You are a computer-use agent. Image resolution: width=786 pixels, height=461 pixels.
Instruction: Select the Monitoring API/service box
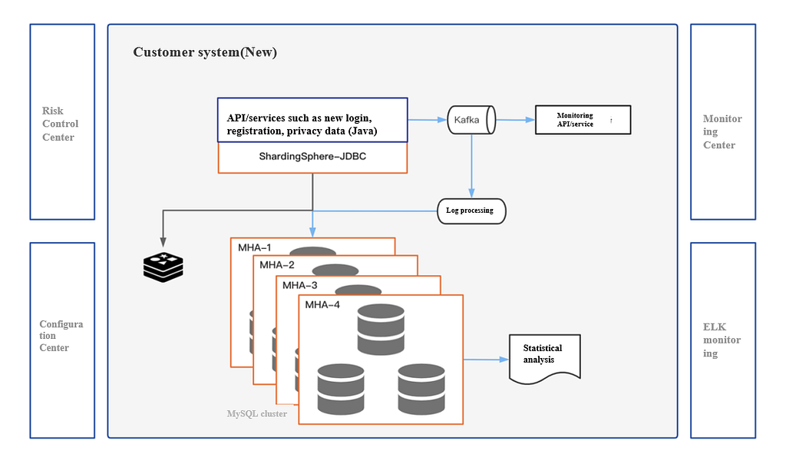pyautogui.click(x=583, y=120)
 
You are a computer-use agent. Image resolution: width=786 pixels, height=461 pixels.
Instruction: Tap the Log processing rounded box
pyautogui.click(x=471, y=211)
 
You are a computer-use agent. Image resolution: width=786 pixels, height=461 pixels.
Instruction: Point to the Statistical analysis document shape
pyautogui.click(x=545, y=357)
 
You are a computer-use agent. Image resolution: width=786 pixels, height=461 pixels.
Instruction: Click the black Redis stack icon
pyautogui.click(x=163, y=265)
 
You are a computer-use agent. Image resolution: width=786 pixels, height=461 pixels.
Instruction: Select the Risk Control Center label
pyautogui.click(x=61, y=124)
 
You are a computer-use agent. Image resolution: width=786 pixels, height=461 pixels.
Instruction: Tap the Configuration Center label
pyautogui.click(x=61, y=336)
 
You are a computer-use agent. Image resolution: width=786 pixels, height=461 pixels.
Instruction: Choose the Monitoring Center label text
pyautogui.click(x=722, y=131)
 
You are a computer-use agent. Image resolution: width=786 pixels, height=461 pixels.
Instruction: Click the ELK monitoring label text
pyautogui.click(x=722, y=340)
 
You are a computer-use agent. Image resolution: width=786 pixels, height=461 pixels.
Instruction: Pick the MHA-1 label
pyautogui.click(x=254, y=248)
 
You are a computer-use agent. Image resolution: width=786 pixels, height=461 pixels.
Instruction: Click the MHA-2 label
pyautogui.click(x=276, y=265)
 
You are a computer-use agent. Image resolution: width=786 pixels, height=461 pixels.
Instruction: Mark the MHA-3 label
pyautogui.click(x=299, y=285)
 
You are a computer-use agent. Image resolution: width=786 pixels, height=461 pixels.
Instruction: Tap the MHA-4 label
pyautogui.click(x=322, y=304)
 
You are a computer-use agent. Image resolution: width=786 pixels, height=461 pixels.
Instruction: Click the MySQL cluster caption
pyautogui.click(x=257, y=413)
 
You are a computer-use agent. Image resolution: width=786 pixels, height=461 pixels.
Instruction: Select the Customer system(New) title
pyautogui.click(x=205, y=52)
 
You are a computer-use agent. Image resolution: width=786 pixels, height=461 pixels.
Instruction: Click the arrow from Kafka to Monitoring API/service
pyautogui.click(x=515, y=120)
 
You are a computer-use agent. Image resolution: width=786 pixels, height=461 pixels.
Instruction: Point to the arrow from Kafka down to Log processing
pyautogui.click(x=471, y=161)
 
